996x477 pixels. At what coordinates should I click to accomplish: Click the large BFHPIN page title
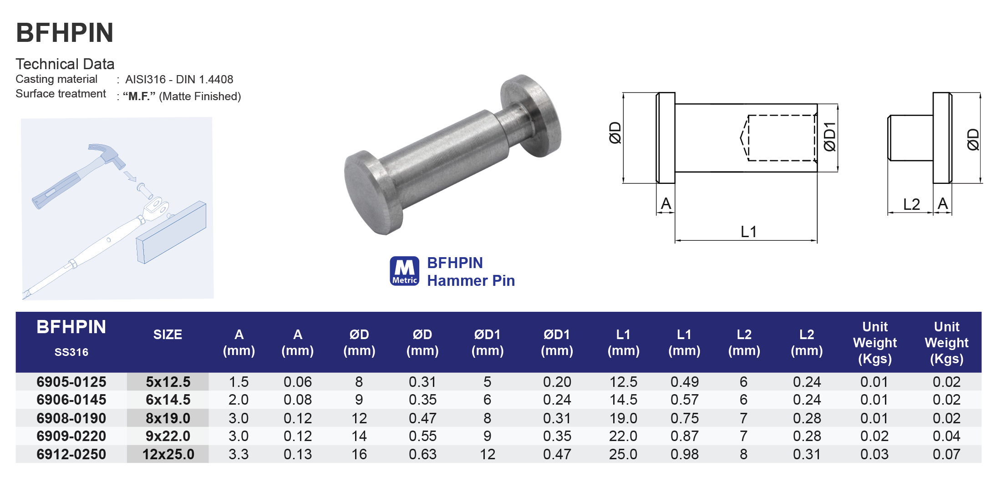pyautogui.click(x=65, y=33)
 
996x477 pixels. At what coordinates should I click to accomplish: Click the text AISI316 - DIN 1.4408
pyautogui.click(x=179, y=79)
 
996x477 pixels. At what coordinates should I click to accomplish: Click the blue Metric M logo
pyautogui.click(x=404, y=271)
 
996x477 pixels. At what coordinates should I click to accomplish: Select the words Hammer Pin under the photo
pyautogui.click(x=471, y=281)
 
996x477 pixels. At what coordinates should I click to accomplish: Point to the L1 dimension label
pyautogui.click(x=748, y=232)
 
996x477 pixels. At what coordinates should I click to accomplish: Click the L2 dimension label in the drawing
pyautogui.click(x=911, y=204)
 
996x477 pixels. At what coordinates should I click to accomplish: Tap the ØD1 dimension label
pyautogui.click(x=830, y=137)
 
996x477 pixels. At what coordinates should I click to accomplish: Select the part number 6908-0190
pyautogui.click(x=71, y=418)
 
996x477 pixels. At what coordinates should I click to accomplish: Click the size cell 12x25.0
pyautogui.click(x=168, y=454)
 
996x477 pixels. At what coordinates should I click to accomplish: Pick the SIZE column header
pyautogui.click(x=168, y=335)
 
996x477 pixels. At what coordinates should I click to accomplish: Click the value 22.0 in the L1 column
pyautogui.click(x=623, y=436)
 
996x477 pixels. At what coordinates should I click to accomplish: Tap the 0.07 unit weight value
pyautogui.click(x=946, y=454)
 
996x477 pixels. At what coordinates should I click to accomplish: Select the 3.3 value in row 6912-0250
pyautogui.click(x=239, y=454)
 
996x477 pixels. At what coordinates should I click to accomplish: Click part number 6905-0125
pyautogui.click(x=71, y=382)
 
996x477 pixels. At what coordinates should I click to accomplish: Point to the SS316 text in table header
pyautogui.click(x=71, y=352)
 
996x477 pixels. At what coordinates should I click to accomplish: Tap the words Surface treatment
pyautogui.click(x=61, y=94)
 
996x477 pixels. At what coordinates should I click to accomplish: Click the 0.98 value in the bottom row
pyautogui.click(x=684, y=454)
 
